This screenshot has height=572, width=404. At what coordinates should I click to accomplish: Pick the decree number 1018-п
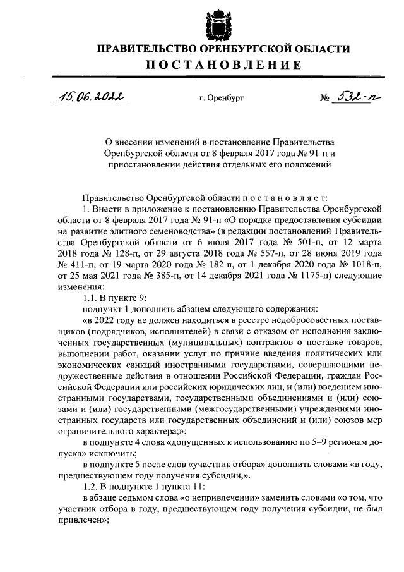pos(360,262)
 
